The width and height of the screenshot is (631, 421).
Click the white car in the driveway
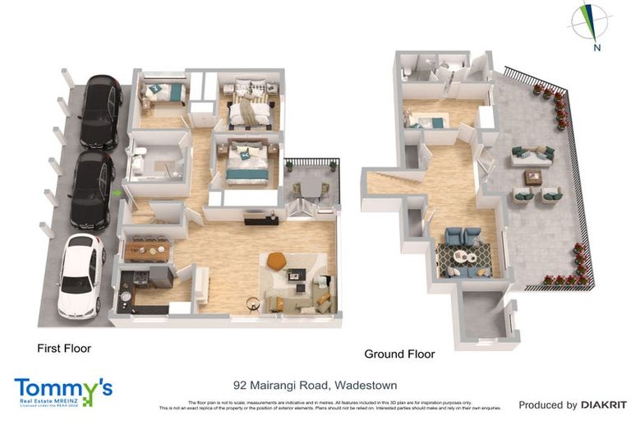tap(80, 277)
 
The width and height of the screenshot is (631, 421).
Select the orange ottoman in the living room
tap(276, 260)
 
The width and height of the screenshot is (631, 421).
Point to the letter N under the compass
tap(596, 48)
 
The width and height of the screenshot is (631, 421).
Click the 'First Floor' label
tap(64, 349)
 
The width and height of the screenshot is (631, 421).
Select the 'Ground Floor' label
tap(399, 354)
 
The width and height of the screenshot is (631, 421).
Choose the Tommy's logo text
tap(62, 386)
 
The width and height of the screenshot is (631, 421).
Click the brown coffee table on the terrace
tap(533, 176)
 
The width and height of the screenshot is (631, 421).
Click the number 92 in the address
tap(240, 385)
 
